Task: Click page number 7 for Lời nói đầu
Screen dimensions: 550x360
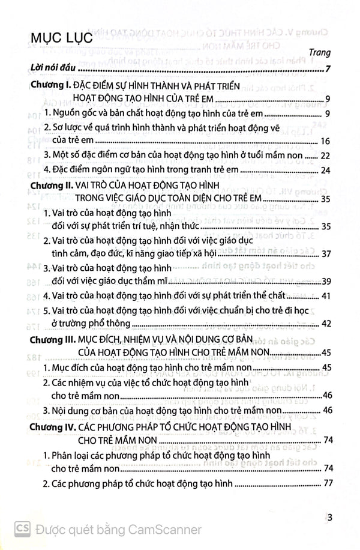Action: (x=327, y=67)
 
